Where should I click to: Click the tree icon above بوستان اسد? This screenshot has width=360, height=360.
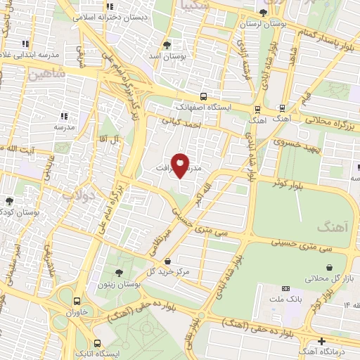(167, 44)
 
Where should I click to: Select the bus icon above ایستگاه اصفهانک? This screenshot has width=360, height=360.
(203, 96)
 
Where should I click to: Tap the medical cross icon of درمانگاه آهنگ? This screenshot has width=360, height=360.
(321, 342)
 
